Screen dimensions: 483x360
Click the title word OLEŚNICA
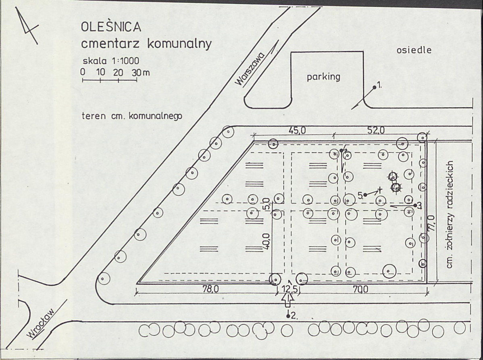pyautogui.click(x=111, y=27)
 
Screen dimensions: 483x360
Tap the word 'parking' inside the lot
pyautogui.click(x=323, y=77)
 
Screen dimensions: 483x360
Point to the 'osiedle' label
pyautogui.click(x=414, y=50)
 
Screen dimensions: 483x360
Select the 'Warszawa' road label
pyautogui.click(x=250, y=69)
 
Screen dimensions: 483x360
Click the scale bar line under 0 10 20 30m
pyautogui.click(x=110, y=81)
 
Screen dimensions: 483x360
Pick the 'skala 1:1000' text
pyautogui.click(x=111, y=60)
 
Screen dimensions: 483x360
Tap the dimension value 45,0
pyautogui.click(x=297, y=131)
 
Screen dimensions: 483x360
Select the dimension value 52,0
pyautogui.click(x=376, y=131)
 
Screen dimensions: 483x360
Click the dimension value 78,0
pyautogui.click(x=210, y=289)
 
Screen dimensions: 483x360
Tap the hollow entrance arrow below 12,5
pyautogui.click(x=288, y=300)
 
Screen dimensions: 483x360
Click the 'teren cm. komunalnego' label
pyautogui.click(x=132, y=116)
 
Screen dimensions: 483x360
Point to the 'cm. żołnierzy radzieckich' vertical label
pyautogui.click(x=450, y=214)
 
